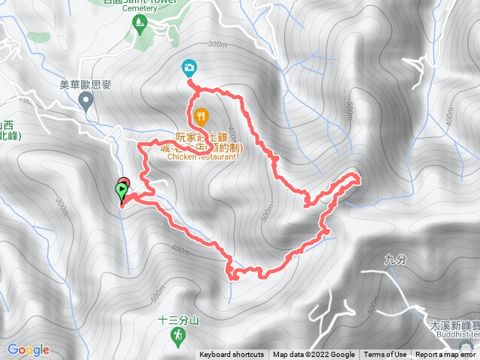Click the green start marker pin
coord(121,190)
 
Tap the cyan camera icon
coord(190,68)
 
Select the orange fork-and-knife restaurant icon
coord(200,116)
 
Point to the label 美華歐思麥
coord(85,85)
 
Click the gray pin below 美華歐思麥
coord(87,100)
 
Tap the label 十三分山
coord(178,319)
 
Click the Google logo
coord(28,349)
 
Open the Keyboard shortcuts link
coord(232,355)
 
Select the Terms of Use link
coord(385,355)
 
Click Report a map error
coord(445,355)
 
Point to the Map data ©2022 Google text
coord(313,355)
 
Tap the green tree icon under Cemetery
coord(137,24)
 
